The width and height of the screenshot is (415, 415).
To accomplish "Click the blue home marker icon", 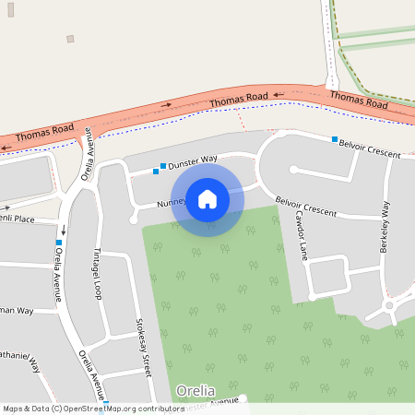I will [x=207, y=199].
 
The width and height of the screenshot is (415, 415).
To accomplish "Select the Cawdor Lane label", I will [x=300, y=234].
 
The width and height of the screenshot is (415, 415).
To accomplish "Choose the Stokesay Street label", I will [x=143, y=346].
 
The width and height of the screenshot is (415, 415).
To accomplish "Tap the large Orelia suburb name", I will [x=195, y=390].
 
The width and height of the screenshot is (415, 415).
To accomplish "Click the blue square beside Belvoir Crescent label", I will [x=336, y=139].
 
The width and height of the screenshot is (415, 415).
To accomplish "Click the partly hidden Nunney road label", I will [x=172, y=202].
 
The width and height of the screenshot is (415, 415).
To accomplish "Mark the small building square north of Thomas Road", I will [x=70, y=39].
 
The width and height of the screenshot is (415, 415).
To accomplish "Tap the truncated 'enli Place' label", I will [x=17, y=219].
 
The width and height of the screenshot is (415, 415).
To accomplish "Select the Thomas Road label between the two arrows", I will [x=238, y=99].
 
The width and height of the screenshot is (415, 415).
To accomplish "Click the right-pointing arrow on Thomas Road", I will [x=167, y=105].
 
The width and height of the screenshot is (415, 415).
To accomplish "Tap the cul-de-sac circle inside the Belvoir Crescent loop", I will [x=294, y=170].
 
